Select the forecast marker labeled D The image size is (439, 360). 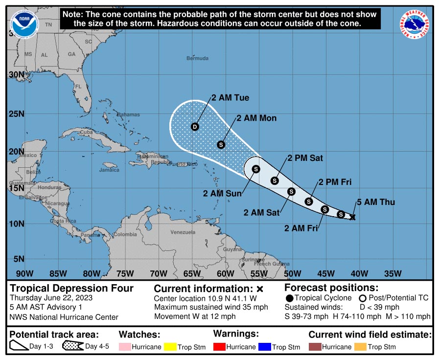195,127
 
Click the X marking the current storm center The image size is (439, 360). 352,217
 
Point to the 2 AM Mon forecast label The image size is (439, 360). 256,118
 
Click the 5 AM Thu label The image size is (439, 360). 375,202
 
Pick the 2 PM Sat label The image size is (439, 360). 305,158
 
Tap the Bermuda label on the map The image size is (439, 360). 197,58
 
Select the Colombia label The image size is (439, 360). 126,234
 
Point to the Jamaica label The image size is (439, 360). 109,170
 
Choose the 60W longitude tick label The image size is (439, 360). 225,273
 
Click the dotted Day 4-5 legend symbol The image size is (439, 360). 72,347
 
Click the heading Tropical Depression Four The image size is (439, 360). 72,288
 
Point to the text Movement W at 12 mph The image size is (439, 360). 195,316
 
